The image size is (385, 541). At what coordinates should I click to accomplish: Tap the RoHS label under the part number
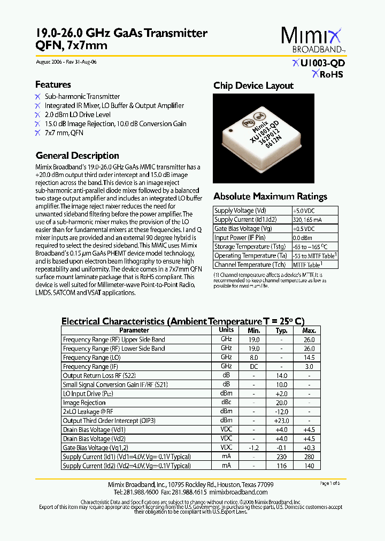click(327, 74)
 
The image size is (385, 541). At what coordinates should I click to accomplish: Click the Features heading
click(53, 84)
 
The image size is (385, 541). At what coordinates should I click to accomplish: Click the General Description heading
click(77, 156)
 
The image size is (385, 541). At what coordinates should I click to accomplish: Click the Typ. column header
click(281, 330)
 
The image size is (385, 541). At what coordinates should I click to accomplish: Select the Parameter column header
click(134, 330)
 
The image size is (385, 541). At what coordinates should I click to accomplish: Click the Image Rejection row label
click(84, 403)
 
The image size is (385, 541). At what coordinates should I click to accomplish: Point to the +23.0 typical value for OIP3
click(281, 421)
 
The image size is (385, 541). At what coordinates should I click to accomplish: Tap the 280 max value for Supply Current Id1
click(310, 457)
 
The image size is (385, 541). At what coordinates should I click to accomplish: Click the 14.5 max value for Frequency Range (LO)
click(310, 357)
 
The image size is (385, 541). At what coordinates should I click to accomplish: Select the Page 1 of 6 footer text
click(329, 483)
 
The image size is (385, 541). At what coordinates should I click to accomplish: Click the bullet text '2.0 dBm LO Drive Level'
click(78, 114)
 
